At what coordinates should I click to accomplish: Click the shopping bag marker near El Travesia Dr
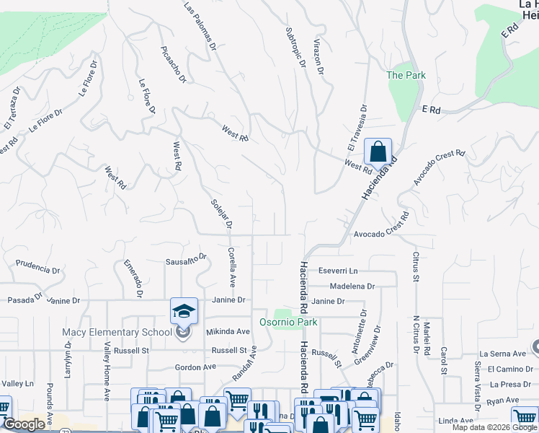(x=378, y=152)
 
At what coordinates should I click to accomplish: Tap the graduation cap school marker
(x=184, y=311)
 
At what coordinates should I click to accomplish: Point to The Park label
(x=406, y=75)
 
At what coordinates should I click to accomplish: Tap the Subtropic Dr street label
(x=295, y=48)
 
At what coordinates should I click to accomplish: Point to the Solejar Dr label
(x=220, y=214)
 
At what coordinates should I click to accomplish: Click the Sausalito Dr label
(x=186, y=258)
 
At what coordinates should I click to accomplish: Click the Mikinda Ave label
(x=228, y=332)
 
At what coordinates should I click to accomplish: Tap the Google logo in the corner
(x=24, y=424)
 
